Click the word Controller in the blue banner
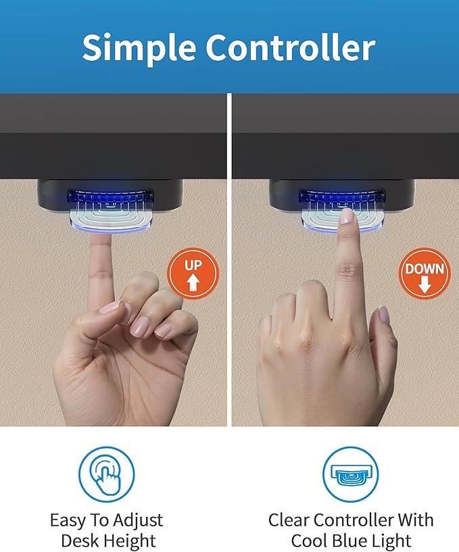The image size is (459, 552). [290, 47]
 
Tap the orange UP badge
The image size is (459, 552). [193, 273]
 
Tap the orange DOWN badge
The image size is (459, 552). [425, 273]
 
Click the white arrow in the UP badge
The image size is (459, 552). [193, 282]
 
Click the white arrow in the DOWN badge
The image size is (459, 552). [425, 284]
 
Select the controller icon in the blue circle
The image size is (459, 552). [350, 474]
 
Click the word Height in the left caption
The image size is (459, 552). [132, 541]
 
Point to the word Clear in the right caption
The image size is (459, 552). [289, 520]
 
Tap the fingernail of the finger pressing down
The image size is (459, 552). [347, 217]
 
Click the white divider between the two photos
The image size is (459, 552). [229, 259]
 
